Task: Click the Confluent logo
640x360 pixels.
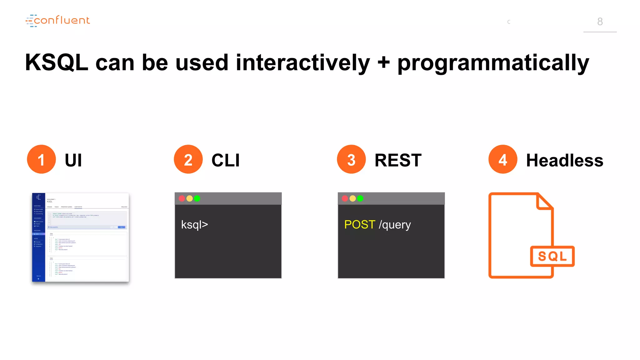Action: coord(58,21)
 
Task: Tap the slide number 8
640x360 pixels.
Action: coord(600,22)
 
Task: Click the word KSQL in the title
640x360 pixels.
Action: coord(57,62)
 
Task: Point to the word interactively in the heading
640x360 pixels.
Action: coord(302,62)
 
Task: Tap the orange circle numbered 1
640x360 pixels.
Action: coord(41,159)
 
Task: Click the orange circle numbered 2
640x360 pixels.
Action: coord(188,159)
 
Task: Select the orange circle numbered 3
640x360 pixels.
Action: coord(351,159)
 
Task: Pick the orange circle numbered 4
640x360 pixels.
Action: coord(502,159)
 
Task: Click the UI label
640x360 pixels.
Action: coord(73,160)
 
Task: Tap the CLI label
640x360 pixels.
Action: coord(226,160)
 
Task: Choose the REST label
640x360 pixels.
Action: coord(398,160)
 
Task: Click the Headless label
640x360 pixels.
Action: coord(564,160)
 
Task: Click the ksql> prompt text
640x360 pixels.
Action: coord(194,225)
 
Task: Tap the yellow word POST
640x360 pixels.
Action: coord(359,224)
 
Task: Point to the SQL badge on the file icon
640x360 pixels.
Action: coord(552,256)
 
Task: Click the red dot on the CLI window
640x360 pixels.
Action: coord(182,198)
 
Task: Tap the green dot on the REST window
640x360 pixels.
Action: coord(360,198)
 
